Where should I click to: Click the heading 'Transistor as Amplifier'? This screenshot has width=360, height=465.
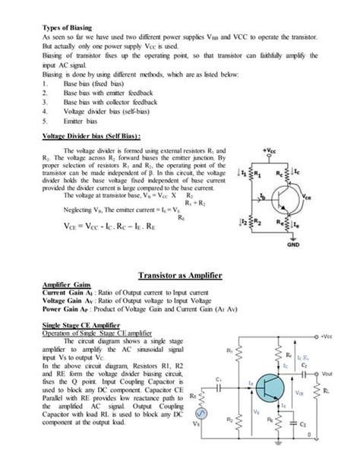[x=179, y=274]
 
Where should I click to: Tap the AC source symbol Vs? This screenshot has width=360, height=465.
[x=200, y=422]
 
